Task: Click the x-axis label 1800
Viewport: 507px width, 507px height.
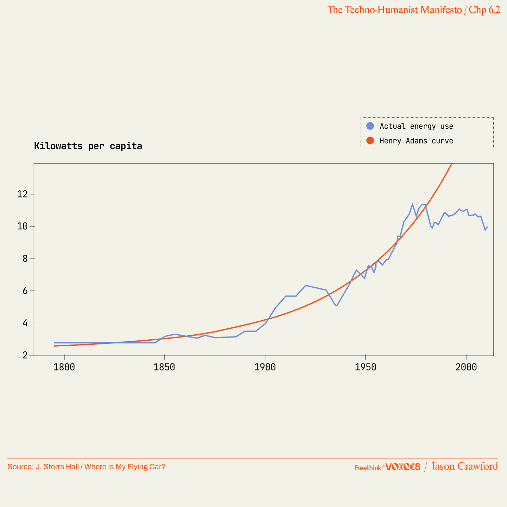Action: pyautogui.click(x=64, y=367)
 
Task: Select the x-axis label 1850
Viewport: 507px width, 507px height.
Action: pyautogui.click(x=164, y=367)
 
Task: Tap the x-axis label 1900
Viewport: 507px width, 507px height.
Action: pyautogui.click(x=265, y=367)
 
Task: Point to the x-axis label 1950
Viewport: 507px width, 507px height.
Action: pyautogui.click(x=365, y=367)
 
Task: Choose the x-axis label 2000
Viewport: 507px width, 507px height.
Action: pyautogui.click(x=466, y=367)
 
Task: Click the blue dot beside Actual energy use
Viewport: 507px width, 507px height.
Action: pyautogui.click(x=370, y=126)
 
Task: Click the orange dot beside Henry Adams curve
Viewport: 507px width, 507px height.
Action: pyautogui.click(x=370, y=140)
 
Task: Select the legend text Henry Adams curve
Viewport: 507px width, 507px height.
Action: pyautogui.click(x=416, y=141)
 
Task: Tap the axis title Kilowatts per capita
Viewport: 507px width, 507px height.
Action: pyautogui.click(x=88, y=146)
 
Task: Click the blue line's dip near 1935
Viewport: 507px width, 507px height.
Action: pyautogui.click(x=336, y=306)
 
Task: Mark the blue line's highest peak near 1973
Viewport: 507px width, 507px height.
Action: pyautogui.click(x=412, y=204)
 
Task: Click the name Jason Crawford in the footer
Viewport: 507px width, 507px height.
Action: pyautogui.click(x=464, y=466)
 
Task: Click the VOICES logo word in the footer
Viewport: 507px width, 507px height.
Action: pyautogui.click(x=403, y=467)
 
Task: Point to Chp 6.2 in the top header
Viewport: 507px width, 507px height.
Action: pyautogui.click(x=484, y=10)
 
